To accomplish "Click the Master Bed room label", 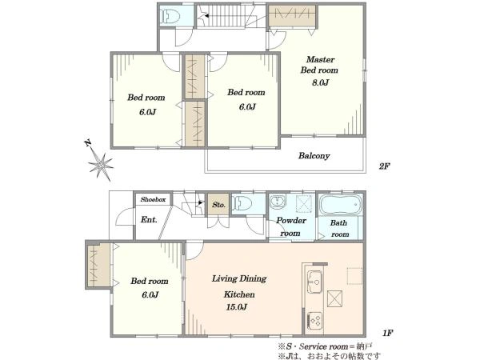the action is click(319, 65).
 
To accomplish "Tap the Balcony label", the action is click(314, 156).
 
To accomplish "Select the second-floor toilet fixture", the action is click(170, 16).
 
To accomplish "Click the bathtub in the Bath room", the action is click(341, 204).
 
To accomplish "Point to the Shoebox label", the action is click(153, 199).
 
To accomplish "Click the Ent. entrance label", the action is click(149, 219).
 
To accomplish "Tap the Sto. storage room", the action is click(218, 205).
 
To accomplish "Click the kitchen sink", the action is click(314, 282).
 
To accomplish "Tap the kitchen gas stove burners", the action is click(315, 321).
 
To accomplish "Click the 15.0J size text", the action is click(237, 306).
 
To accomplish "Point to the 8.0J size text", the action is click(320, 82).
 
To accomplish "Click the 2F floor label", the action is click(385, 166).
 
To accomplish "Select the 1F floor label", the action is click(387, 333).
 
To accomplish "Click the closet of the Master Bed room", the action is click(292, 16).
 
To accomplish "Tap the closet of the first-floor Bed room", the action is click(98, 266).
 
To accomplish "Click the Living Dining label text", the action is click(239, 279).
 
